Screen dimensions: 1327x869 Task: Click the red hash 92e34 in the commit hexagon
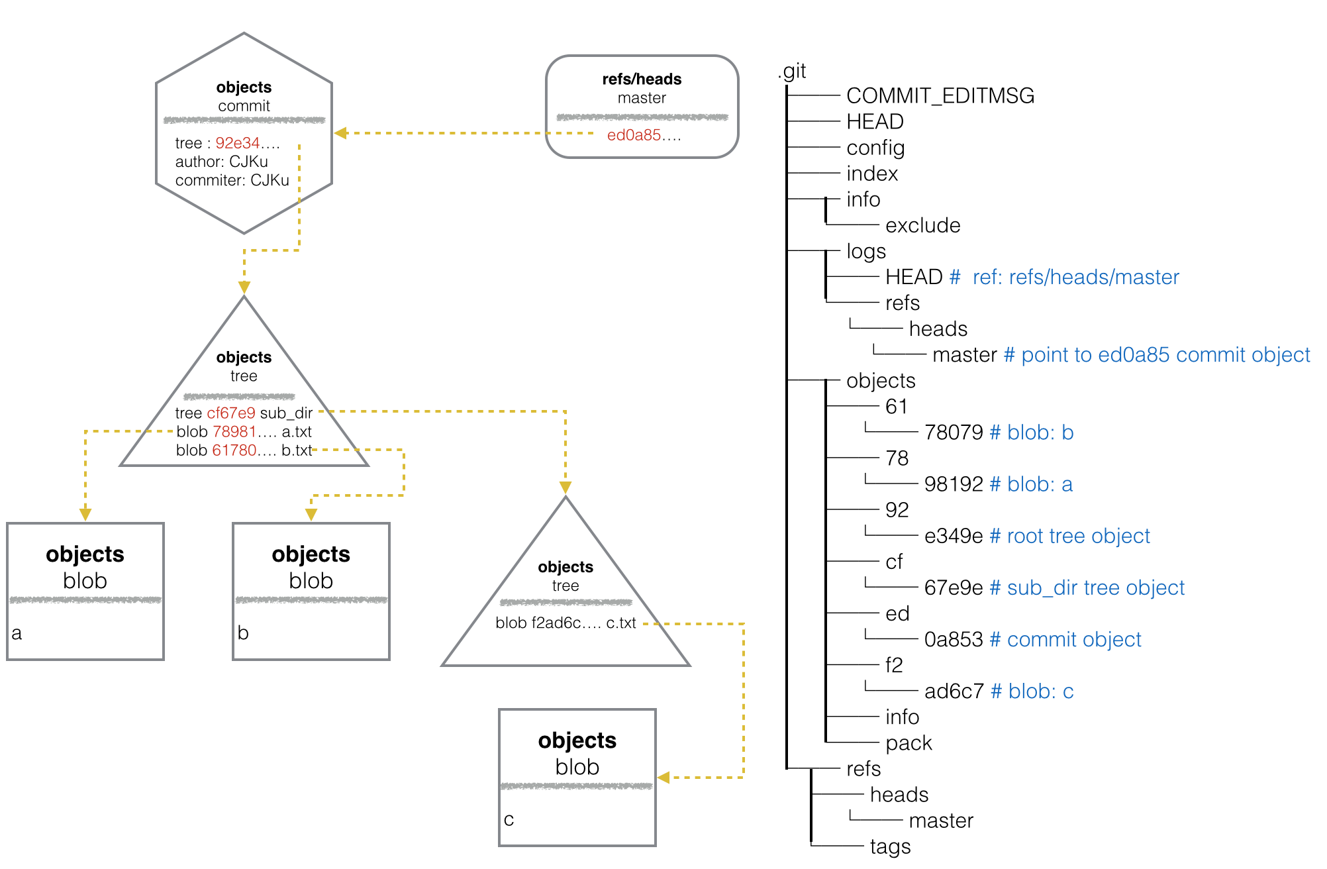click(237, 143)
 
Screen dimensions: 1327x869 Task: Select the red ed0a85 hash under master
click(634, 135)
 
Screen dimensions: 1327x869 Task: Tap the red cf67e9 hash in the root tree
click(231, 413)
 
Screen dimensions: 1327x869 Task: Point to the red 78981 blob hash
click(234, 432)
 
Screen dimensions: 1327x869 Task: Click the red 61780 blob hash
click(234, 450)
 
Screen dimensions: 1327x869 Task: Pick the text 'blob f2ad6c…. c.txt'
click(565, 623)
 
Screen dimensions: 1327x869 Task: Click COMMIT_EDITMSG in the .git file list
click(940, 96)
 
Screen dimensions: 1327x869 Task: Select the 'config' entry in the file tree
click(875, 148)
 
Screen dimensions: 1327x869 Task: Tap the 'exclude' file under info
click(922, 225)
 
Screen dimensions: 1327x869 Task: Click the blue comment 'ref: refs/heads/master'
click(1076, 277)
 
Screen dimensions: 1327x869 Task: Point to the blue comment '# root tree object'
click(1069, 536)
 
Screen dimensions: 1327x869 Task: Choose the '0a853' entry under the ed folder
click(954, 639)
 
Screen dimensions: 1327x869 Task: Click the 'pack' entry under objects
click(909, 743)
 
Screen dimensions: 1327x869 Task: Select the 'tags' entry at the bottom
click(890, 846)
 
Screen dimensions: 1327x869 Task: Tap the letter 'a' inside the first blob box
click(17, 633)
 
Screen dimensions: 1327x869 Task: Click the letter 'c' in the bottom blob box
click(509, 820)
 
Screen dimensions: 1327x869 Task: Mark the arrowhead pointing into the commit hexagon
click(340, 133)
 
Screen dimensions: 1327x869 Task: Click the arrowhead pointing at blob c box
click(663, 778)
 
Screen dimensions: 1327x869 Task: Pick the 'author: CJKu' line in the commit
click(222, 162)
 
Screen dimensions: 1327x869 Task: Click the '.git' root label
click(792, 71)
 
